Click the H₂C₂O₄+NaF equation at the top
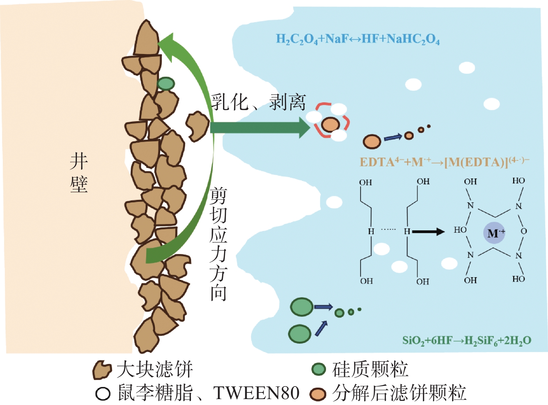358,39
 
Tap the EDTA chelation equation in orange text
444,162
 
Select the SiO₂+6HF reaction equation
466,340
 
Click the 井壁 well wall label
79,173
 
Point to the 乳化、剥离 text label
258,102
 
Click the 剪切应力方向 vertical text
219,244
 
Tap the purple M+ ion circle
494,233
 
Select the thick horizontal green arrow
259,127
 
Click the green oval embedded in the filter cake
166,84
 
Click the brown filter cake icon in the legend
102,370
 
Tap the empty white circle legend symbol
103,394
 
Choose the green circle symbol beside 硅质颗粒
318,369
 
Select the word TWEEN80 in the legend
256,393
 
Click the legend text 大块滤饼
155,369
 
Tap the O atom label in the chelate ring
524,231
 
